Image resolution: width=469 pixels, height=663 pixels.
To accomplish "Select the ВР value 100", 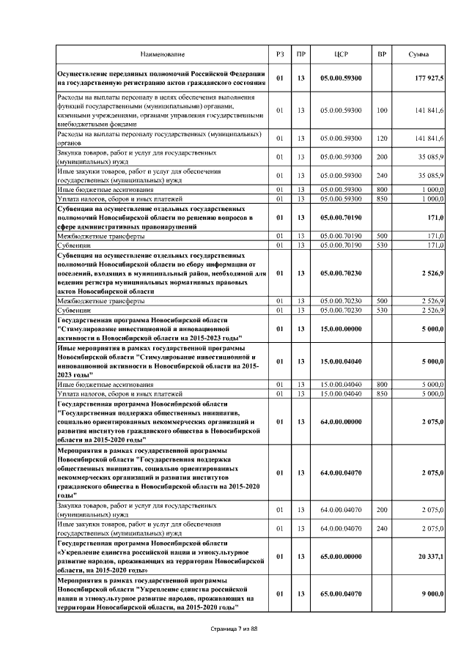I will click(381, 111).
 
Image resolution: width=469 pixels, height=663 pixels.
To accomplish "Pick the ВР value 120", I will click(381, 138).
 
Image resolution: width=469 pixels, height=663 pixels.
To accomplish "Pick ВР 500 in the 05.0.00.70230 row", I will click(381, 301).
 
